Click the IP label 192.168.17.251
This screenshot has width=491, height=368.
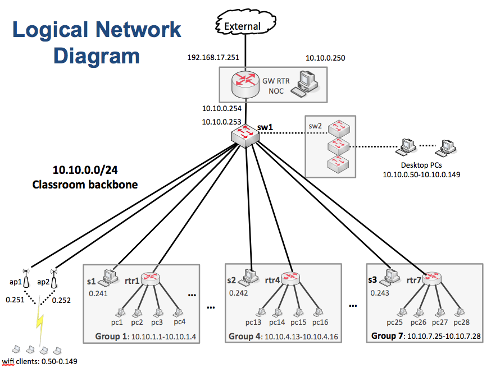coord(213,58)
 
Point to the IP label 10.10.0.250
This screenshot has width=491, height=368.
coord(325,58)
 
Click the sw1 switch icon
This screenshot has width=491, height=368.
coord(244,135)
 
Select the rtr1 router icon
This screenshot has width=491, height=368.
coord(150,278)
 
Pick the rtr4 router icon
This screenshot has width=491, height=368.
coord(292,278)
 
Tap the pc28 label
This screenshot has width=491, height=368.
coord(462,322)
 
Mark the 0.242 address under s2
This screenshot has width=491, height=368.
coord(238,293)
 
